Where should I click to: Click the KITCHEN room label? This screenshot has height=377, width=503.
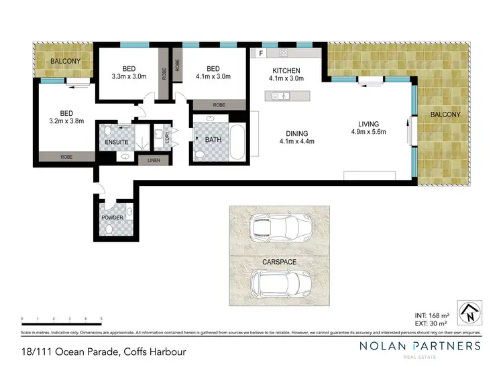click(x=286, y=70)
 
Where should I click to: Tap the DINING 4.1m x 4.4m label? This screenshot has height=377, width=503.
click(x=297, y=137)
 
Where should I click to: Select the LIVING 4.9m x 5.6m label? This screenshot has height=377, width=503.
click(x=368, y=128)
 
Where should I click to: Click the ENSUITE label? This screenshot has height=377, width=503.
click(x=116, y=142)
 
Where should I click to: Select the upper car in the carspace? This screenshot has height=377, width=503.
click(x=280, y=227)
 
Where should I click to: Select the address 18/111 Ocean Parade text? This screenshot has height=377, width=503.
click(x=99, y=352)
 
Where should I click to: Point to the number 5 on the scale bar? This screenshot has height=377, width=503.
click(x=101, y=318)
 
